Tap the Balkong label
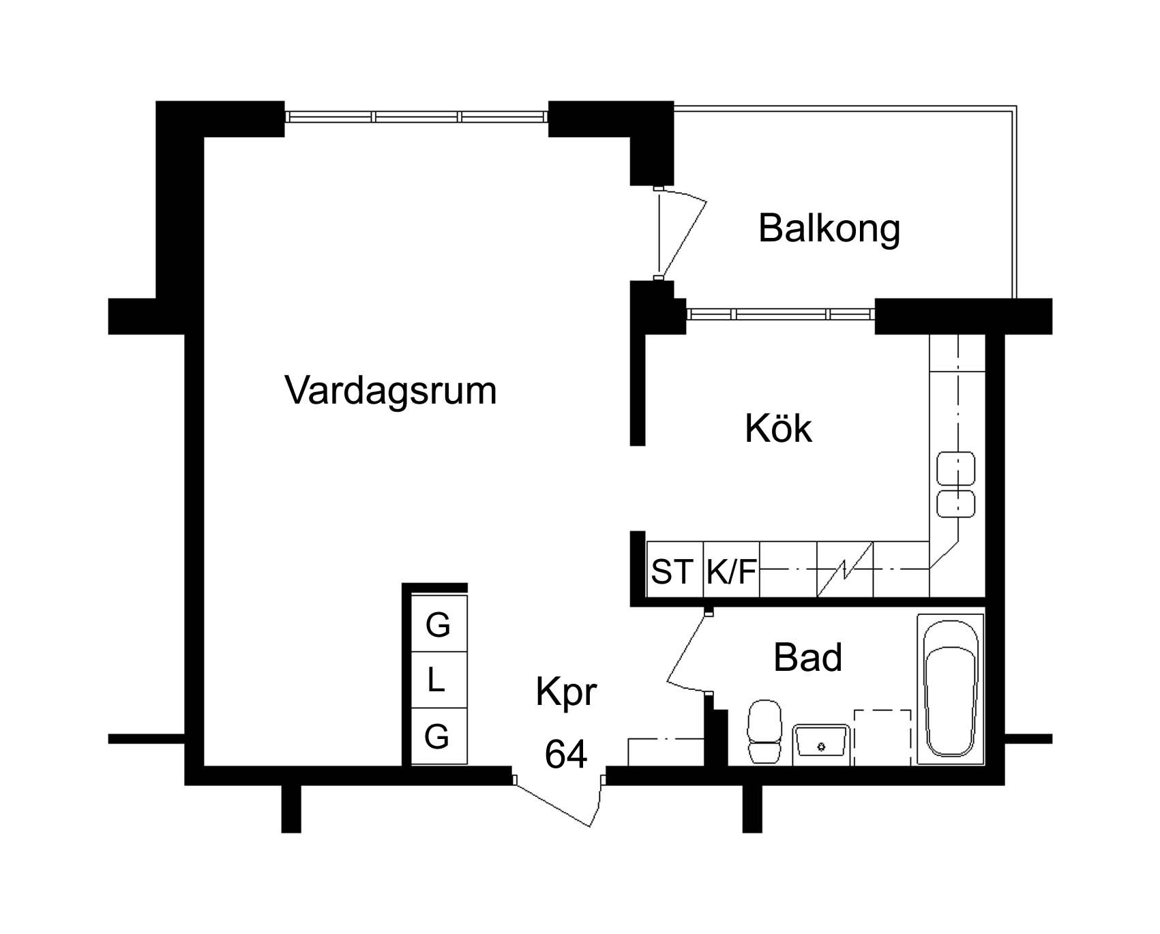click(x=829, y=230)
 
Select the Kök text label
click(x=778, y=428)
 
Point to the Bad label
click(x=807, y=657)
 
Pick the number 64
click(x=566, y=754)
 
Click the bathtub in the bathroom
click(x=951, y=690)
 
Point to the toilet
click(x=764, y=732)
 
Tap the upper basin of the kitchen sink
click(x=956, y=468)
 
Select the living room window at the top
click(x=416, y=117)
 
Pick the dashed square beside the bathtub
click(x=882, y=737)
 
